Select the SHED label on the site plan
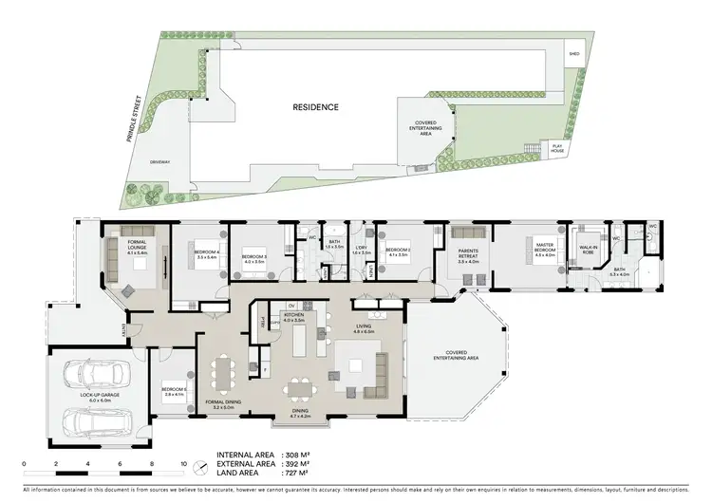pyautogui.click(x=573, y=54)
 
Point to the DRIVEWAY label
pyautogui.click(x=159, y=162)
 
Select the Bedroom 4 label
pyautogui.click(x=208, y=253)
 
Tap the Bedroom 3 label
pyautogui.click(x=254, y=259)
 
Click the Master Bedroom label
pyautogui.click(x=543, y=251)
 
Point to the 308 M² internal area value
pyautogui.click(x=301, y=455)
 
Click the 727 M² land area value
pyautogui.click(x=301, y=475)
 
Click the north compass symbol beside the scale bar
pyautogui.click(x=200, y=467)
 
